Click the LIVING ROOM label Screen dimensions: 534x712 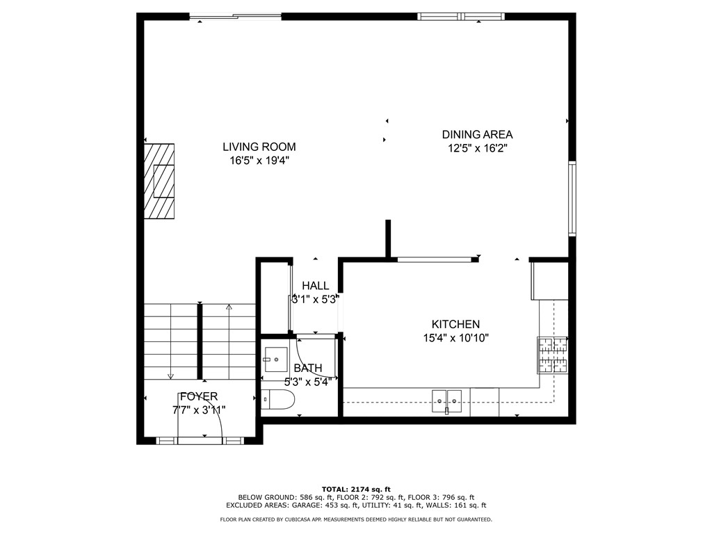click(259, 147)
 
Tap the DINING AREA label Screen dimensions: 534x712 click(477, 134)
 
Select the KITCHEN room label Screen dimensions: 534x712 click(455, 324)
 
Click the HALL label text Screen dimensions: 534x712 click(315, 286)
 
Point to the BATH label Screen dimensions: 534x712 click(307, 368)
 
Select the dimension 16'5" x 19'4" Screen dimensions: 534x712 click(259, 161)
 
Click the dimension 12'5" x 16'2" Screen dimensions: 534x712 click(477, 148)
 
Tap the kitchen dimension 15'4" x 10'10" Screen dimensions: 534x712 click(455, 338)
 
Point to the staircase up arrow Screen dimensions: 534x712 click(229, 307)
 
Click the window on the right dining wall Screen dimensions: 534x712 click(572, 198)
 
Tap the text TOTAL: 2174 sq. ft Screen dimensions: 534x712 click(355, 489)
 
